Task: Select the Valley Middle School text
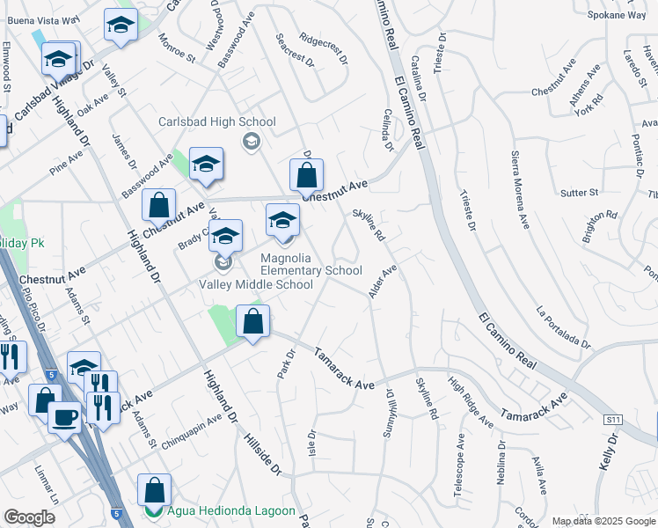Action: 256,284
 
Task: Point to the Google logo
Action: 29,517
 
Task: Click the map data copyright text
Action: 602,521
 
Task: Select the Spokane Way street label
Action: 618,15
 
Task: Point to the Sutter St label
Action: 580,192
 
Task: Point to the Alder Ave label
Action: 383,280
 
